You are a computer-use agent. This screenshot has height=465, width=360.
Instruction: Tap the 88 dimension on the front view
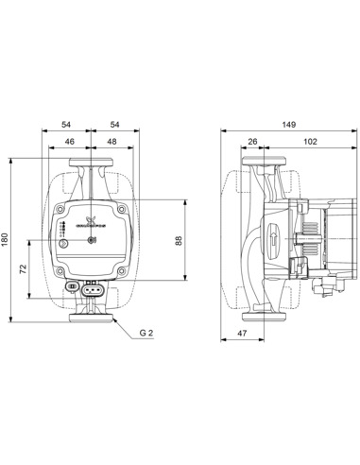(180, 240)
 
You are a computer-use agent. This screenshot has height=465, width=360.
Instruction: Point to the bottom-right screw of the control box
(120, 269)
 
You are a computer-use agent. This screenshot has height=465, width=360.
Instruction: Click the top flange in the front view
(91, 176)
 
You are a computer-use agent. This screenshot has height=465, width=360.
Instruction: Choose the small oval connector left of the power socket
(73, 287)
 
